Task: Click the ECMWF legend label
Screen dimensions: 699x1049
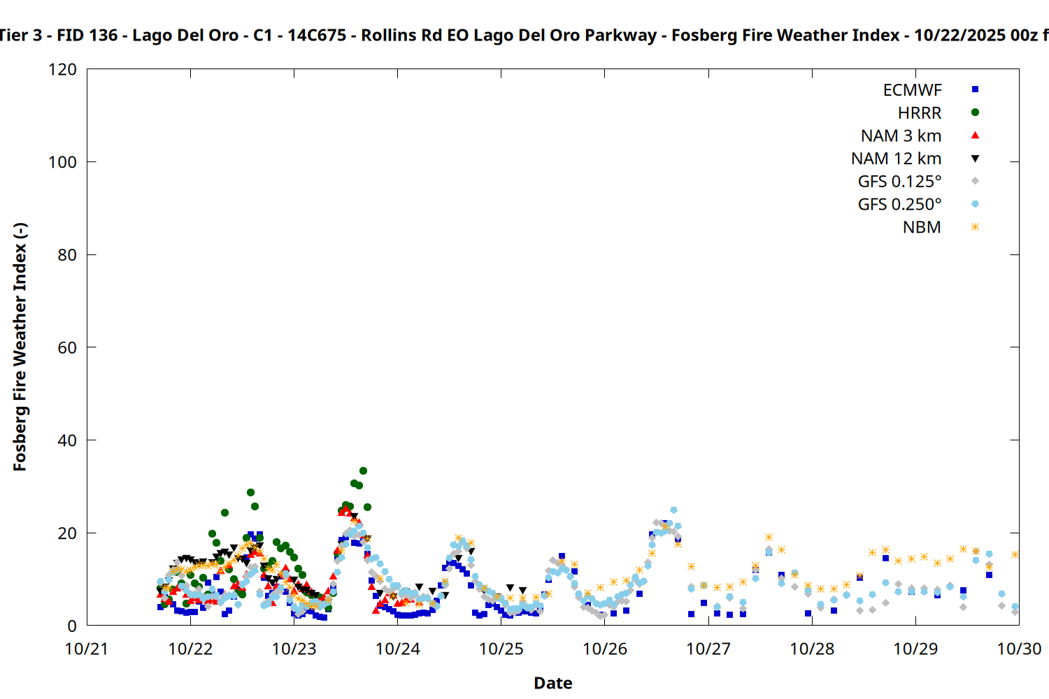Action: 912,90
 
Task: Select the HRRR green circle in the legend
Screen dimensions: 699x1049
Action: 975,113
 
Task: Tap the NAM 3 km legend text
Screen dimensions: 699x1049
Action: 901,136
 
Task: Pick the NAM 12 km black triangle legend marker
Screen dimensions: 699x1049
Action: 975,159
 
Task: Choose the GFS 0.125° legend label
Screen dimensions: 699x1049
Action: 899,182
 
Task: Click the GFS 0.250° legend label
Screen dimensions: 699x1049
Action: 899,205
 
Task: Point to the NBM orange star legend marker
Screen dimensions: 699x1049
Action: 975,227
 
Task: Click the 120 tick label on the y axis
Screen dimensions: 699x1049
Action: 63,69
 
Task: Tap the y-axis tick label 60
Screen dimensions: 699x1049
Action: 67,347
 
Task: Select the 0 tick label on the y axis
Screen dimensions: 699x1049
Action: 72,626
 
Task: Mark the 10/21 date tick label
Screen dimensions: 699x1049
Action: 87,649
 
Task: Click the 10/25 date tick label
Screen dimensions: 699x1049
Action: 501,649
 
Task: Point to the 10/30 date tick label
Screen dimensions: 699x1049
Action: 1019,649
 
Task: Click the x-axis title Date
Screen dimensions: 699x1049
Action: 552,683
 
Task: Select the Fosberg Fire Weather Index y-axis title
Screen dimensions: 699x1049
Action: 20,347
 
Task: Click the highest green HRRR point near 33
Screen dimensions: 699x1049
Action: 363,471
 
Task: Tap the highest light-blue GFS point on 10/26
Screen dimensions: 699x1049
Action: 673,510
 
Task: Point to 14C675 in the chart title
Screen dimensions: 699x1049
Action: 317,35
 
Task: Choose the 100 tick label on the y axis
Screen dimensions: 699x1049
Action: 63,162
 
